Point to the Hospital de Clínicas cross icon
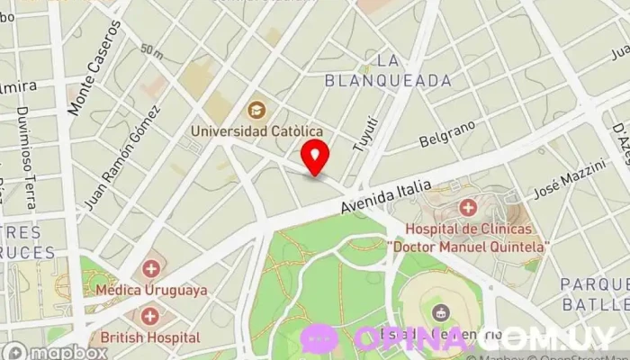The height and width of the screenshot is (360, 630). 468,209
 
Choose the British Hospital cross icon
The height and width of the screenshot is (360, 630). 149,316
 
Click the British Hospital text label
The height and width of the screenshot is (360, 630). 150,337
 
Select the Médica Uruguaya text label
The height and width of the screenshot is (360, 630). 150,290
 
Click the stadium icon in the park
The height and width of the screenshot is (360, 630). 440,313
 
